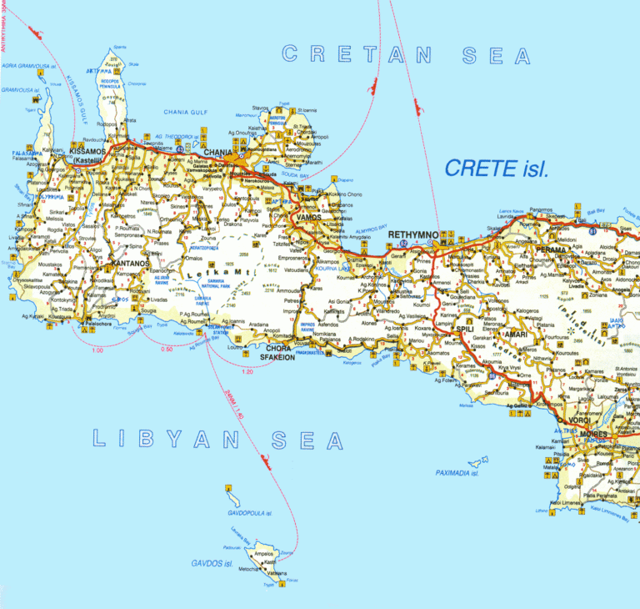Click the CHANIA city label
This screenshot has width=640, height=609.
click(219, 152)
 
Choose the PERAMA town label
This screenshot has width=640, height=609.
click(551, 249)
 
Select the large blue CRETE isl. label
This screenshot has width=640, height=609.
click(497, 169)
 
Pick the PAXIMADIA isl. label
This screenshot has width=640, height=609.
click(457, 473)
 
